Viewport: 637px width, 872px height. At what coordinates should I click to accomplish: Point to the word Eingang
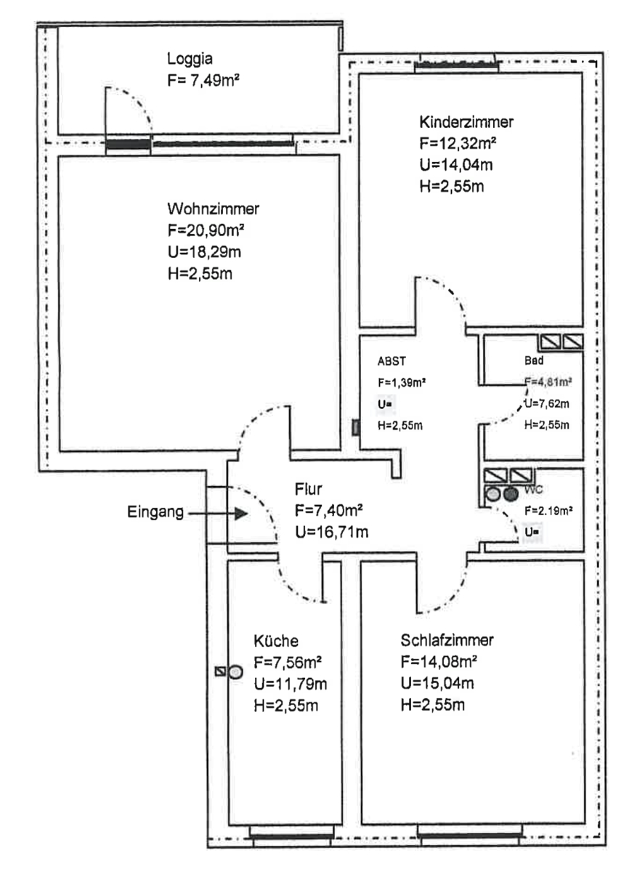pyautogui.click(x=155, y=512)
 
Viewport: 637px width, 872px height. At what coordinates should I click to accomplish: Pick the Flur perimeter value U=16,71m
pyautogui.click(x=331, y=532)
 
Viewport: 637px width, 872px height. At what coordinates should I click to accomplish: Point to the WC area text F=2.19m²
pyautogui.click(x=548, y=511)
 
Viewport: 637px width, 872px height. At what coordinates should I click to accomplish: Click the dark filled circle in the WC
pyautogui.click(x=511, y=495)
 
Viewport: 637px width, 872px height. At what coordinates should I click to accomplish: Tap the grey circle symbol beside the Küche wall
pyautogui.click(x=235, y=672)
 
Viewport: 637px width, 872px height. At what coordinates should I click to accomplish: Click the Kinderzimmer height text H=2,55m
pyautogui.click(x=452, y=186)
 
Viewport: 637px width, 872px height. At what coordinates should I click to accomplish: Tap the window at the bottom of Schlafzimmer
pyautogui.click(x=470, y=836)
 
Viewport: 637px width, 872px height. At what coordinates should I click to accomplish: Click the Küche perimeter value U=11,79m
pyautogui.click(x=290, y=684)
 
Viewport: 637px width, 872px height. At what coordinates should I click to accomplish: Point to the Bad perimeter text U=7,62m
pyautogui.click(x=547, y=403)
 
